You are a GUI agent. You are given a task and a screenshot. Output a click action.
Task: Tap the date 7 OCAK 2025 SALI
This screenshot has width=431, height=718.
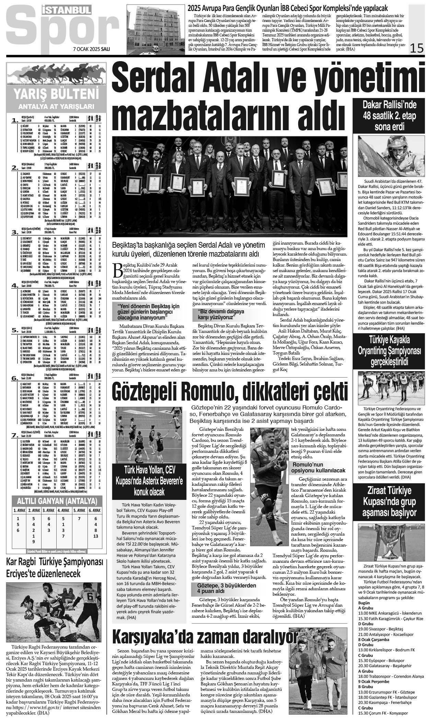click(91, 49)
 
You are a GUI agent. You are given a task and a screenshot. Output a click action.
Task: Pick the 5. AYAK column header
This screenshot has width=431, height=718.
click(79, 510)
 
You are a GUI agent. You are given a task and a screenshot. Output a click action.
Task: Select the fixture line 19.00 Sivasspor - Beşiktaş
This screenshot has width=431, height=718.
click(386, 639)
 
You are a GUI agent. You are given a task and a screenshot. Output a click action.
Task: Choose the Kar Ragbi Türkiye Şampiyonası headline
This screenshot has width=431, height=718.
click(55, 570)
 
